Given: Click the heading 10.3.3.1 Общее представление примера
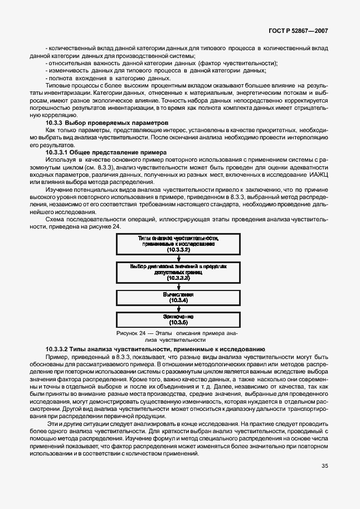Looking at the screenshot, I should click(x=107, y=152).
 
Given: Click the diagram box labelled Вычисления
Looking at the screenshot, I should click(x=178, y=297).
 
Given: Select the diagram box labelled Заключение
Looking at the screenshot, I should click(x=178, y=319).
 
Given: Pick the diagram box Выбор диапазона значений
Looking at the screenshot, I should click(x=178, y=271).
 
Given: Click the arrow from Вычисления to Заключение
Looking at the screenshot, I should click(x=178, y=308).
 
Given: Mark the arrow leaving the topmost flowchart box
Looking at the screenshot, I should click(x=178, y=258).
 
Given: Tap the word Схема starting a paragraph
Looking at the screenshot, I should click(x=55, y=220).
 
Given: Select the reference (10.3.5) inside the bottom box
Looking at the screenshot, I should click(x=178, y=322).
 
